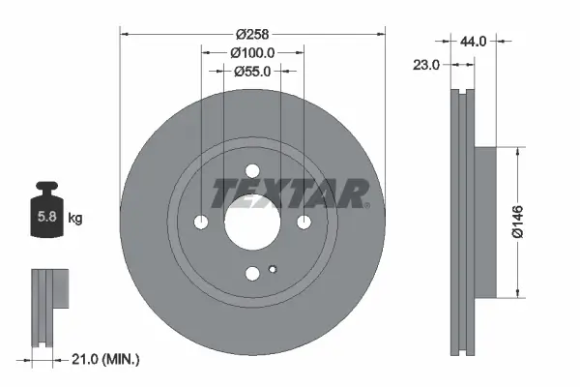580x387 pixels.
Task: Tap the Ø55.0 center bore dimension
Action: point(252,71)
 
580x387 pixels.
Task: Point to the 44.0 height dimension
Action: point(474,42)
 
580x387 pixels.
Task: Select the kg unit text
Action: point(75,219)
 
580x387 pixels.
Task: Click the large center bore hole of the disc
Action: point(252,222)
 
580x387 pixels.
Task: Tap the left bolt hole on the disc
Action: point(201,223)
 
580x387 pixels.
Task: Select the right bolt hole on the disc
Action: point(304,223)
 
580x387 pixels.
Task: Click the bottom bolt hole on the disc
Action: point(252,274)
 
